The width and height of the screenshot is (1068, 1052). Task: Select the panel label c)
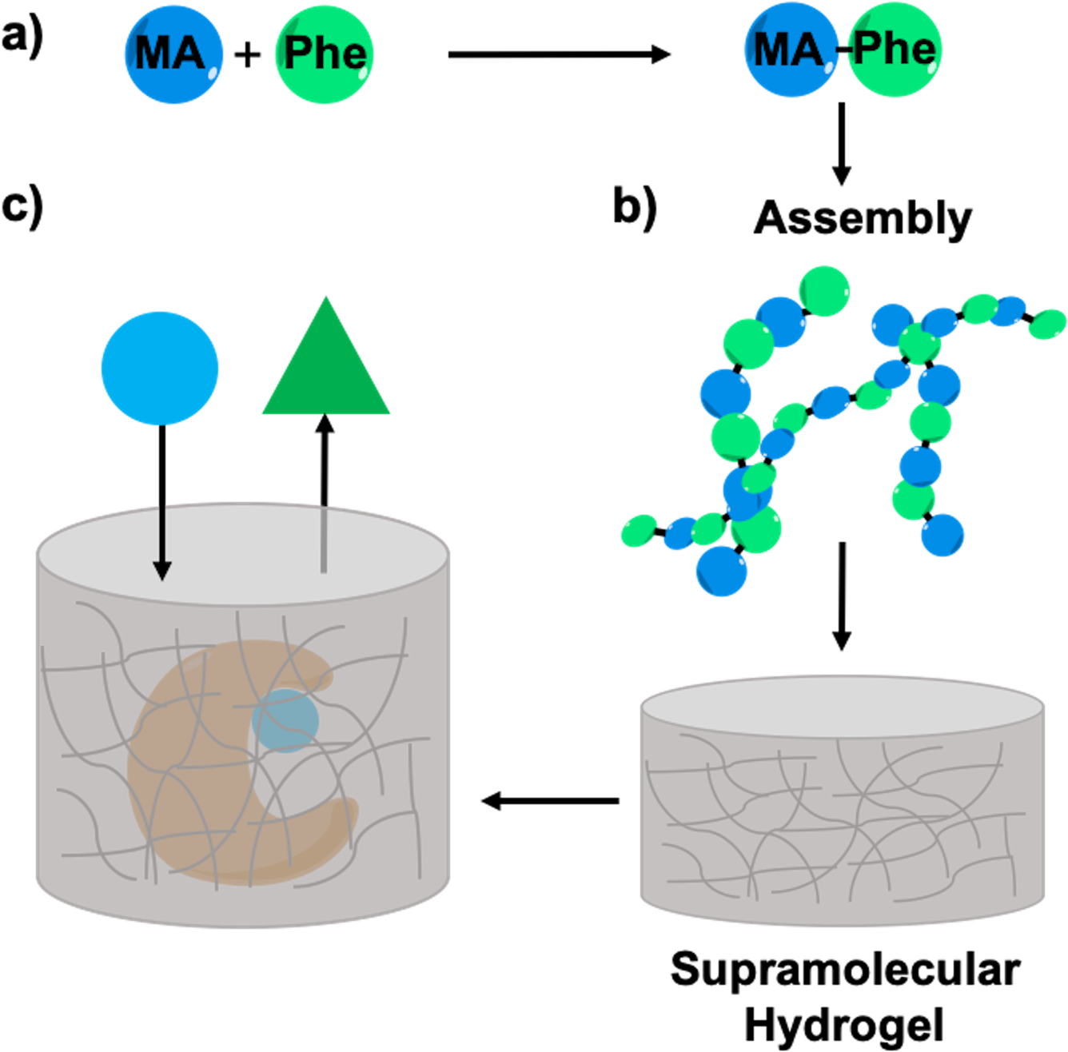click(x=22, y=209)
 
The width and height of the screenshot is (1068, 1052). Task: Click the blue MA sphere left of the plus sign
click(x=173, y=54)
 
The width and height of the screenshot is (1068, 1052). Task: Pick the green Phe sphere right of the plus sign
click(x=325, y=54)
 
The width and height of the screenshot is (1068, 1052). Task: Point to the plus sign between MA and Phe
click(x=248, y=55)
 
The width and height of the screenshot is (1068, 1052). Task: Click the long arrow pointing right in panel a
click(x=560, y=54)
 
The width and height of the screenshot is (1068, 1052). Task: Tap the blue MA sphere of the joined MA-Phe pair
click(x=791, y=50)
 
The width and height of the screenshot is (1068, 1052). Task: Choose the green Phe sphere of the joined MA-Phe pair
click(x=894, y=50)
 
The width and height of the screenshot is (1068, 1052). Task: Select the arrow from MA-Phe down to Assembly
click(x=842, y=144)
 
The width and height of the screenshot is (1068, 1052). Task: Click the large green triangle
click(x=326, y=355)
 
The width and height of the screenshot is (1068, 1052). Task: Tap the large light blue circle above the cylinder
click(x=160, y=369)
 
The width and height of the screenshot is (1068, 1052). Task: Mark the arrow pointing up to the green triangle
click(x=325, y=493)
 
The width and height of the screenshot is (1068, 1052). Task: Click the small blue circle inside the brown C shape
click(x=285, y=720)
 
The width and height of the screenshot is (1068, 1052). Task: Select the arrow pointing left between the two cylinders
click(x=550, y=801)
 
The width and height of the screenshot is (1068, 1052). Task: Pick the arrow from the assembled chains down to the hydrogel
click(x=842, y=596)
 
